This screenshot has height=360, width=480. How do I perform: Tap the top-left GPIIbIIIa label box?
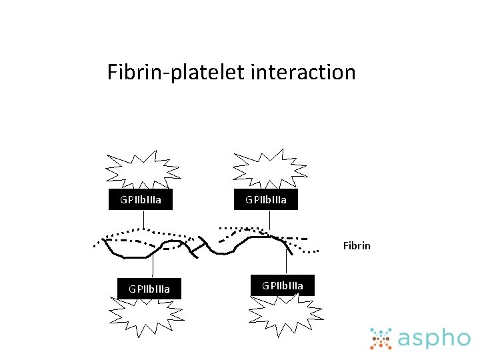coord(141,199)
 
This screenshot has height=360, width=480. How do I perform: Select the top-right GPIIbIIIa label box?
coord(266,199)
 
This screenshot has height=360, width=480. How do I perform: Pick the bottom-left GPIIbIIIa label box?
coord(149,289)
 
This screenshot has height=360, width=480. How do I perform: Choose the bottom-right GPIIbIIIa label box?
coord(283,285)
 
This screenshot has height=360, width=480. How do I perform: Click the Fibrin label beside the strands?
coord(357,245)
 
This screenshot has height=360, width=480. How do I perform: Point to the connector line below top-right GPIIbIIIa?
coord(269,221)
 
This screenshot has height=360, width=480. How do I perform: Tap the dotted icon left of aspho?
coord(381,339)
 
